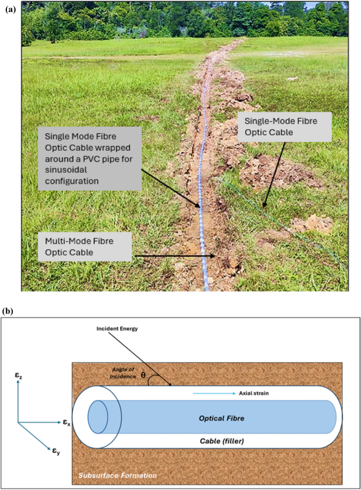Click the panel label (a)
(9, 9)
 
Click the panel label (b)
(9, 311)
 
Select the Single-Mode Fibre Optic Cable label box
(285, 127)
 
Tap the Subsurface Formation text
(117, 475)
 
